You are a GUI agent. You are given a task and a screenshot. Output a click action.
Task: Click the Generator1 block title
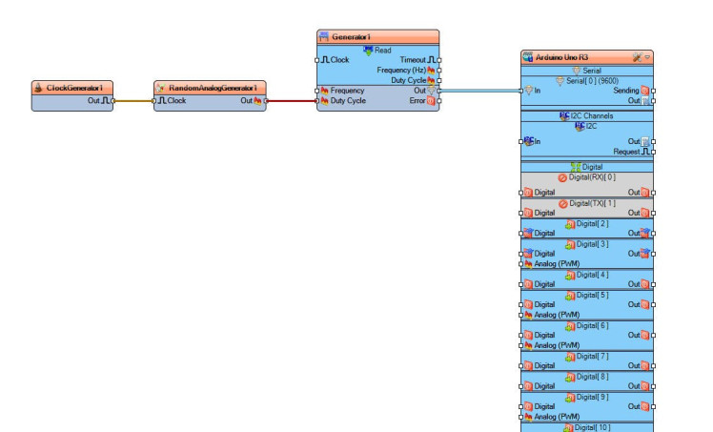tap(377, 36)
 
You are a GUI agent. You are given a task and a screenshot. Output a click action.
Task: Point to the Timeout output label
tap(416, 59)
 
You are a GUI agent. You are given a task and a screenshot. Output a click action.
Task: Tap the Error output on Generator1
tap(418, 100)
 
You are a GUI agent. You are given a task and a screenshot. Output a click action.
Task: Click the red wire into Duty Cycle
tap(291, 100)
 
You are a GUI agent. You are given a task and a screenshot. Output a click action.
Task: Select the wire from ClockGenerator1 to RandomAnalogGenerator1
tap(132, 100)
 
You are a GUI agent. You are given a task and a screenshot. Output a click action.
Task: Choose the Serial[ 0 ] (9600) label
tap(592, 80)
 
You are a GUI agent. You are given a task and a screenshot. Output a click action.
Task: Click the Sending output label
tap(626, 91)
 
